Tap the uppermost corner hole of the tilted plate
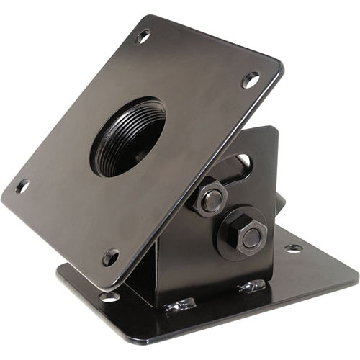pyautogui.click(x=143, y=35)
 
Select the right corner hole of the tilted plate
pyautogui.click(x=251, y=79)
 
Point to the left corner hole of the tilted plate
pyautogui.click(x=22, y=186)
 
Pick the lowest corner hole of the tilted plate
pyautogui.click(x=110, y=256)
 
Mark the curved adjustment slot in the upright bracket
pyautogui.click(x=241, y=167)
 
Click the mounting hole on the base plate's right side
pyautogui.click(x=294, y=248)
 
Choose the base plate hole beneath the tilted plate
pyautogui.click(x=109, y=296)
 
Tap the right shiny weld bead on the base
pyautogui.click(x=253, y=287)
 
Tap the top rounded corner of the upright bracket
pyautogui.click(x=272, y=130)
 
